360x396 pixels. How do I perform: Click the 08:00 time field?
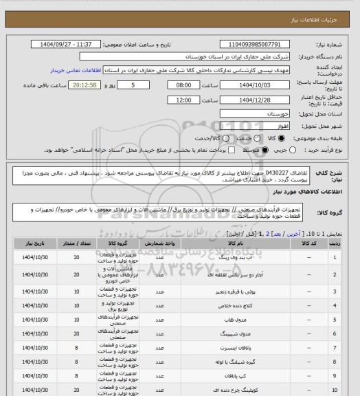coord(184,85)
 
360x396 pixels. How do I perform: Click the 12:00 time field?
coord(184,100)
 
